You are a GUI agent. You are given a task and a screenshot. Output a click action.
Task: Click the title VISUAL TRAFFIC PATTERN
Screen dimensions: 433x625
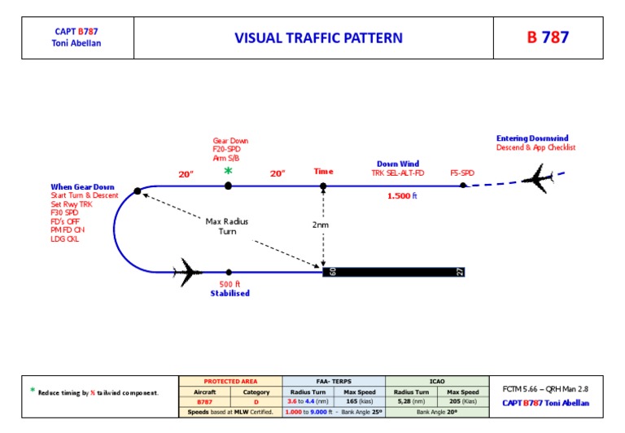(318, 38)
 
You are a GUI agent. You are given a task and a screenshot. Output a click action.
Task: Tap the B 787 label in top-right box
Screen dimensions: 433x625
(548, 38)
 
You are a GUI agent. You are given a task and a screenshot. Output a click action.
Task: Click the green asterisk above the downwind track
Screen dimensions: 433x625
(228, 171)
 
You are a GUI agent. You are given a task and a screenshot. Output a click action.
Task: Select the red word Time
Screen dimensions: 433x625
(323, 172)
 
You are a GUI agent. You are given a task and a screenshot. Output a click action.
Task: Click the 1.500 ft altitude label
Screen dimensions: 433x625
(402, 195)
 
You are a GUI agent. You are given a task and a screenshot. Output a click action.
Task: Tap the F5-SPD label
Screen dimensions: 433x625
(462, 173)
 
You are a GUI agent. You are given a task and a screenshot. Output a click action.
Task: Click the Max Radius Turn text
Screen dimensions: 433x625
(227, 226)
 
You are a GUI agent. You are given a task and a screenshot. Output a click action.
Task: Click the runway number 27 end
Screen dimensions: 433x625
(460, 272)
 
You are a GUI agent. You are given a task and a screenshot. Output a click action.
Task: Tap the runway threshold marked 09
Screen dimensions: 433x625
(332, 272)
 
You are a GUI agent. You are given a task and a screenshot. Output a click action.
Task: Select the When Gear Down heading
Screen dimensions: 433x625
(82, 186)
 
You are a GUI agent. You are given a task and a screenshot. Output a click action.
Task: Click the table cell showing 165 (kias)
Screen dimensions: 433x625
(361, 401)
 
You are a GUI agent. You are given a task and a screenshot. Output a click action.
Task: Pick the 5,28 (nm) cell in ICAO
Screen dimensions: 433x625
(411, 401)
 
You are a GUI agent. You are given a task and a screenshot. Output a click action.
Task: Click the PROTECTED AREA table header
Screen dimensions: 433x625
(230, 380)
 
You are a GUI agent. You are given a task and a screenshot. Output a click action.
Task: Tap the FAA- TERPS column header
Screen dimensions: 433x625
(334, 380)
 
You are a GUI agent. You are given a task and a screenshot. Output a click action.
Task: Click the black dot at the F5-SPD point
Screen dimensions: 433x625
(462, 186)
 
